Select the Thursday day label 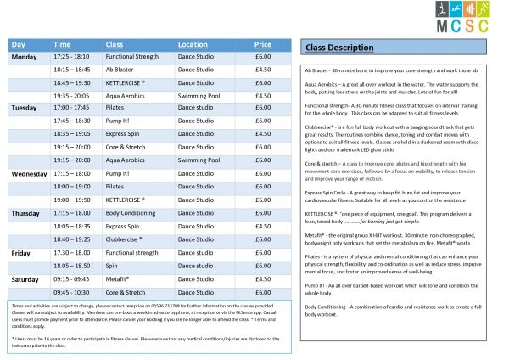pos(25,212)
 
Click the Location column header pos(193,43)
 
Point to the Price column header pos(263,43)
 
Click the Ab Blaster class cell pos(122,70)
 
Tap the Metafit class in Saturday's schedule pos(118,278)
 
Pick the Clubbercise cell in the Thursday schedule pos(125,239)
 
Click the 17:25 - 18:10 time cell pos(75,57)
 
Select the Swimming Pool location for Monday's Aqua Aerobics pos(199,96)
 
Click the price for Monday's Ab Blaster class pos(263,70)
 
